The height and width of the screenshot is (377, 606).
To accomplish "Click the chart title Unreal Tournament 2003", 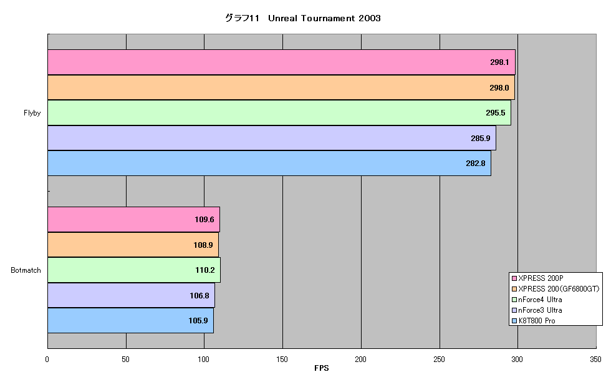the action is point(324,18).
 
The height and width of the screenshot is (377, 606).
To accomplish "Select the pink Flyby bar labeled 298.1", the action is point(281,62).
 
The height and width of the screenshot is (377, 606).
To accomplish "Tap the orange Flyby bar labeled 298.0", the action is point(281,87).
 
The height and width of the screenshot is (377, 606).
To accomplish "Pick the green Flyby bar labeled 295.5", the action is point(279,112).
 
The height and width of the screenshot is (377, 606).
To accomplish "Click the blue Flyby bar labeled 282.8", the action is point(269,164).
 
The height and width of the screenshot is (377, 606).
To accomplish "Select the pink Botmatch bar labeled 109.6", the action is point(133,220).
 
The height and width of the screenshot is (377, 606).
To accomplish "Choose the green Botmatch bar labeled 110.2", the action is point(134,270).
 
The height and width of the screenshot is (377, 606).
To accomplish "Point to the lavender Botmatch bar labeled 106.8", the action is point(132,295).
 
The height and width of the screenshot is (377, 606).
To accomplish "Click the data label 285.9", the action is point(481,138).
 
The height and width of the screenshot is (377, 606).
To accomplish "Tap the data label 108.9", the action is point(203,245).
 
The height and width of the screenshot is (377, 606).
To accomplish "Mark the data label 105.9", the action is point(198,320).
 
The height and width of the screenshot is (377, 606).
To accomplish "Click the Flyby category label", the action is point(32,113).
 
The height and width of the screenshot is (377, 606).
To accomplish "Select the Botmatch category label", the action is point(26,270).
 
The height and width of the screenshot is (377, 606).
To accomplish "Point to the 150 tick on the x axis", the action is point(282,359).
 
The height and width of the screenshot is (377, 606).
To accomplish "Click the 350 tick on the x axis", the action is point(595,359).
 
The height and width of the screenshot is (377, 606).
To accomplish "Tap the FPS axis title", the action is point(322,368).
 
